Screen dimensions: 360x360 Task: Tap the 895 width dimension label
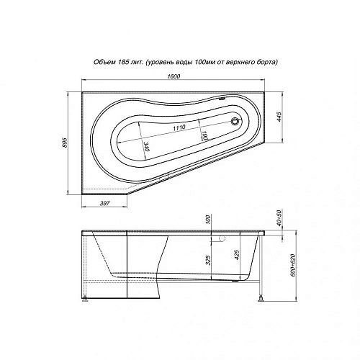click(69, 143)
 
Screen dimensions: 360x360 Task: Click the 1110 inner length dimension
click(179, 127)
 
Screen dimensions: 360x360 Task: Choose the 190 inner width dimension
click(204, 134)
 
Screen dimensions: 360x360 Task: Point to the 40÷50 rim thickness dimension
click(279, 216)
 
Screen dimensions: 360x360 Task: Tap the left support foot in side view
click(87, 297)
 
